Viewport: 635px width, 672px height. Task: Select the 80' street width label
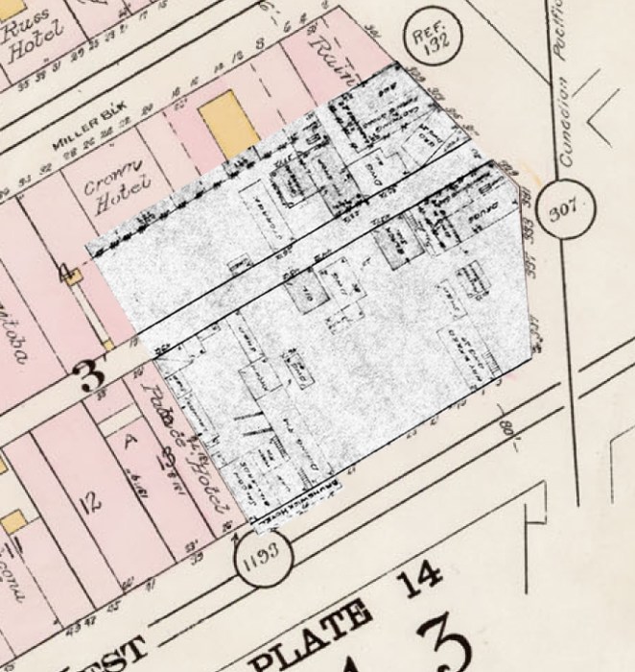[x=509, y=422]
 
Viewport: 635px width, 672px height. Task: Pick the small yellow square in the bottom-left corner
[x=13, y=521]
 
